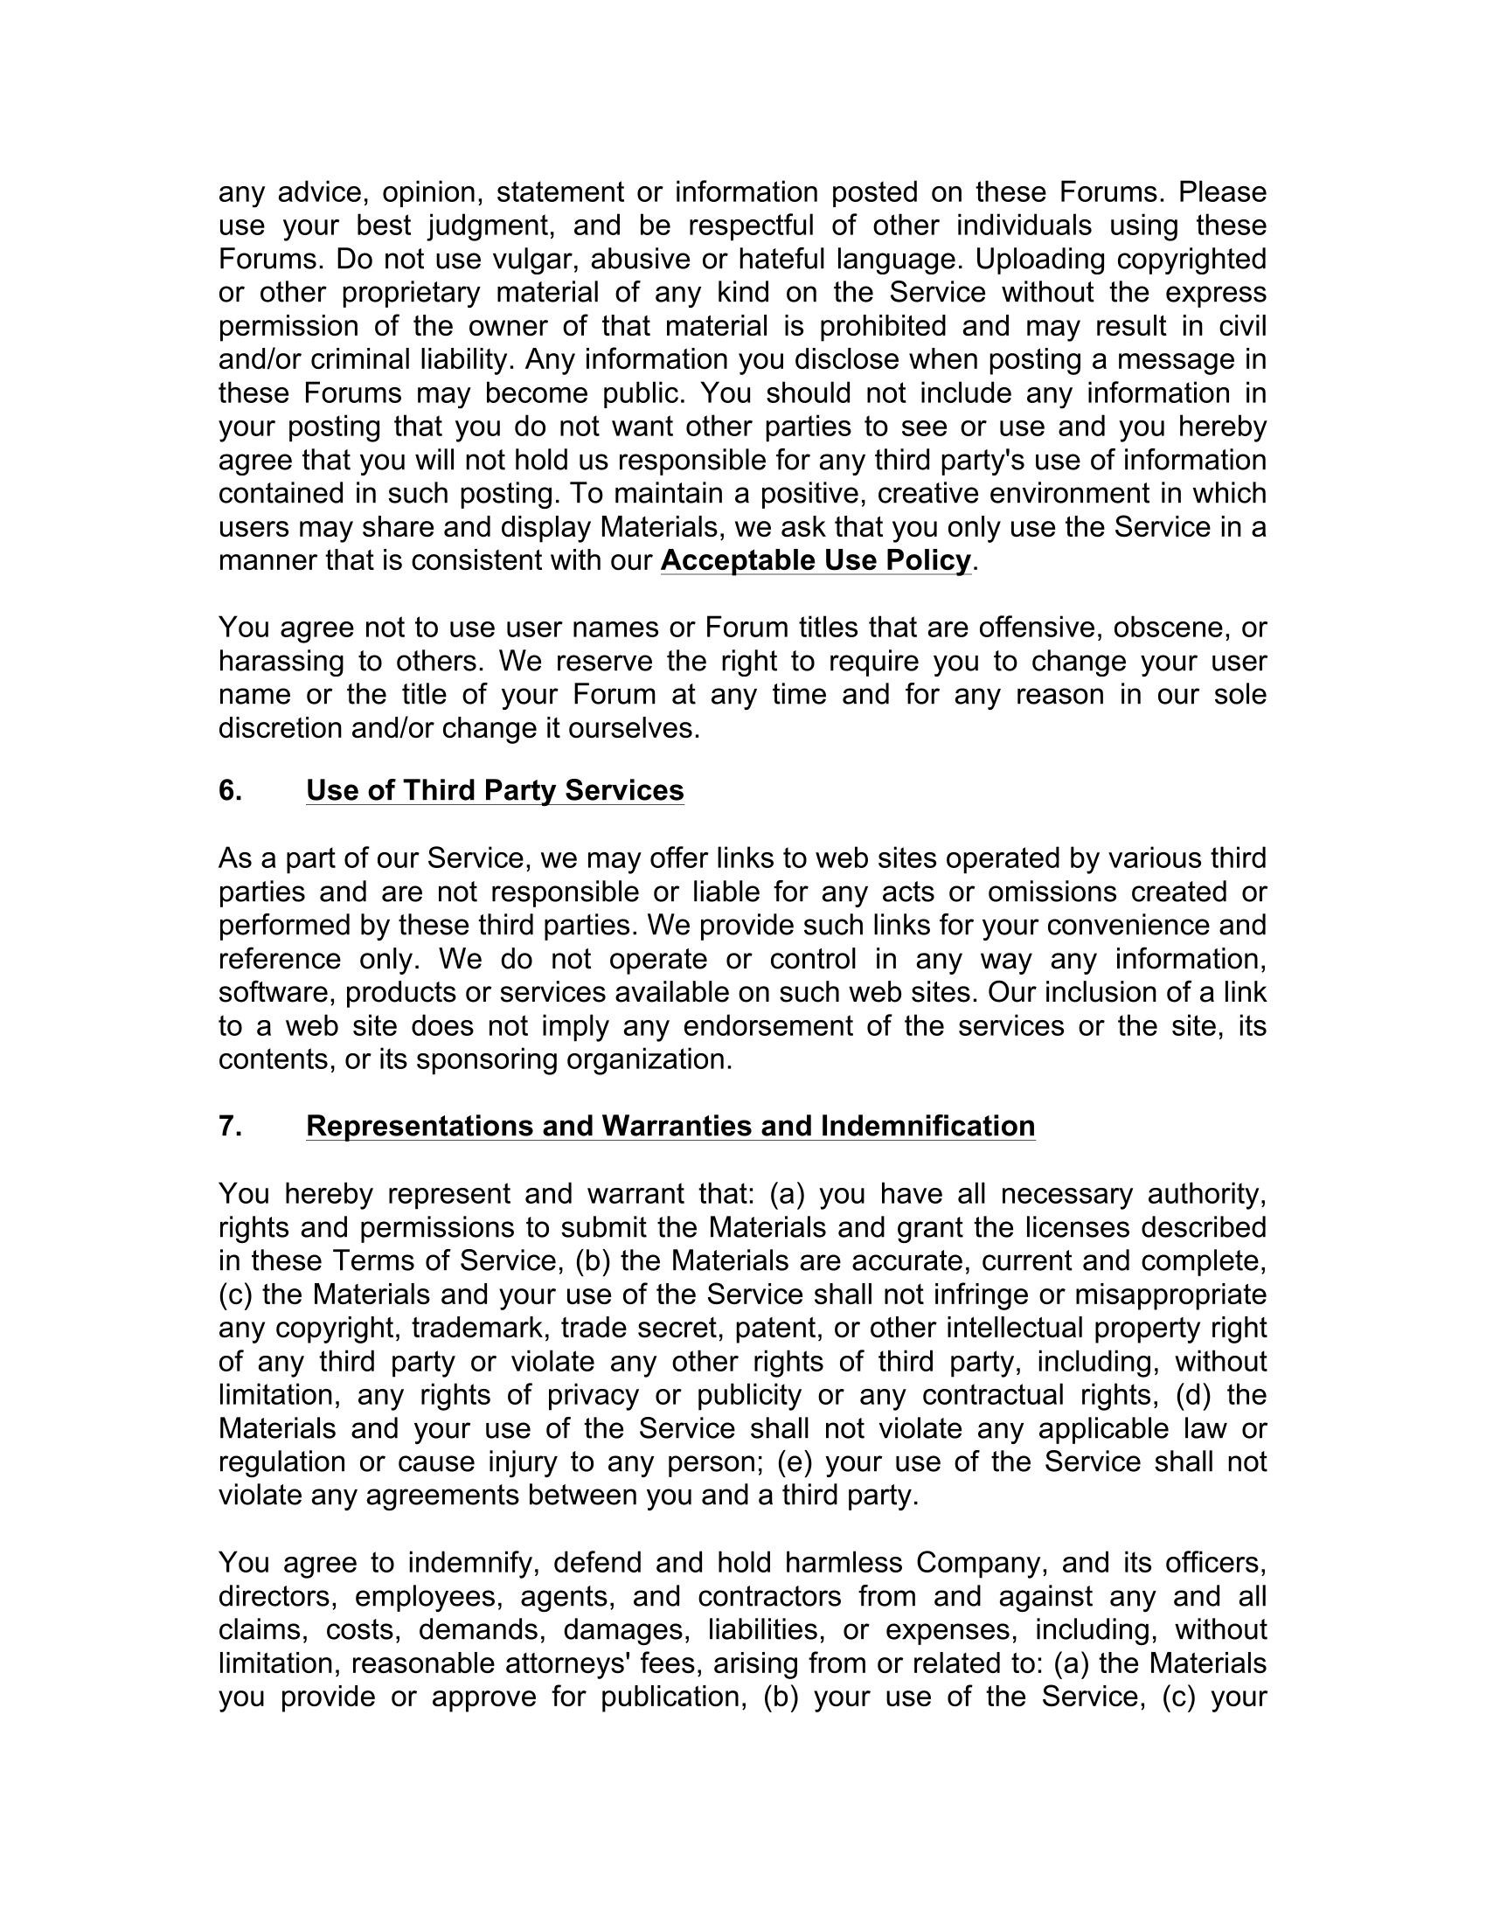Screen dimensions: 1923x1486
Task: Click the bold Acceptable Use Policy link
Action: coord(816,560)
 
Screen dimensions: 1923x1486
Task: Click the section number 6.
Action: coord(230,791)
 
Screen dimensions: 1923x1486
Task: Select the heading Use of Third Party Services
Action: coord(495,791)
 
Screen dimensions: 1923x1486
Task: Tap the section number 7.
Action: coord(230,1126)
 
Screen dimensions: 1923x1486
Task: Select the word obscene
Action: coord(1168,628)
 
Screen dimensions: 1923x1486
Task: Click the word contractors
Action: coord(770,1596)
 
